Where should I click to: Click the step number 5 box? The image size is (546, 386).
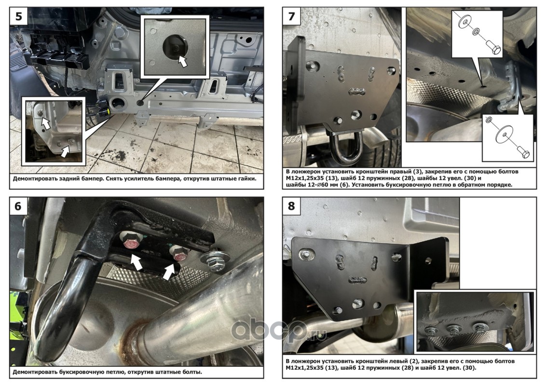pos(19,16)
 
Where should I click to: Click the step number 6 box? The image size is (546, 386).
pos(18,206)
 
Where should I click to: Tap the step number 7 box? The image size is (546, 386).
pos(292,16)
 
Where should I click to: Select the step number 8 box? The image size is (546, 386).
pos(292,206)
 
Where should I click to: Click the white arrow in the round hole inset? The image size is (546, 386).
pos(182,61)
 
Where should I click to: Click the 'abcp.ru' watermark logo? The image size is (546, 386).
pos(279,331)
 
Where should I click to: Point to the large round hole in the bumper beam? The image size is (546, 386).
pos(117,102)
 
